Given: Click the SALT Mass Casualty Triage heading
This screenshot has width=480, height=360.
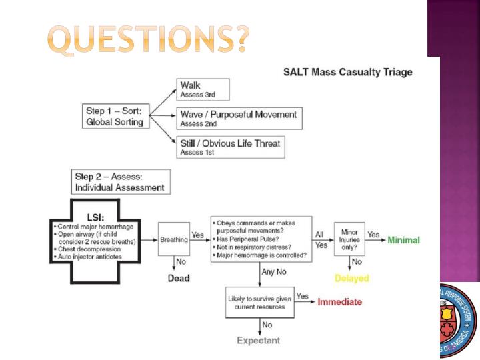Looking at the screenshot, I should pos(348,72).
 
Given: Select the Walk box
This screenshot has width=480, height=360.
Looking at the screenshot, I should pos(203,89).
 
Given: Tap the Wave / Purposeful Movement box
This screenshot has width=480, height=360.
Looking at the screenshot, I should pos(239,118).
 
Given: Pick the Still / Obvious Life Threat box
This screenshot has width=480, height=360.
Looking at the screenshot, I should pos(230,147).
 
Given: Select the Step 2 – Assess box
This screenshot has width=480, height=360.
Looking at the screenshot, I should pos(120,182).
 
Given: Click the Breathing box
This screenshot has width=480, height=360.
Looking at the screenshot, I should pos(173,240).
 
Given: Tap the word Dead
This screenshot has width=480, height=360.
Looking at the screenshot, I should pos(177,278).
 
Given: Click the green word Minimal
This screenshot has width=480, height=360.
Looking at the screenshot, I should pos(404,240).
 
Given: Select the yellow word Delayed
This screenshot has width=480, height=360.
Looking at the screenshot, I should pos(352,278).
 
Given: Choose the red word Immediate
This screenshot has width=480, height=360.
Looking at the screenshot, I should pos(339,302).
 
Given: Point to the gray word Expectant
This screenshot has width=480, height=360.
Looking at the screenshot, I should pos(259,341).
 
